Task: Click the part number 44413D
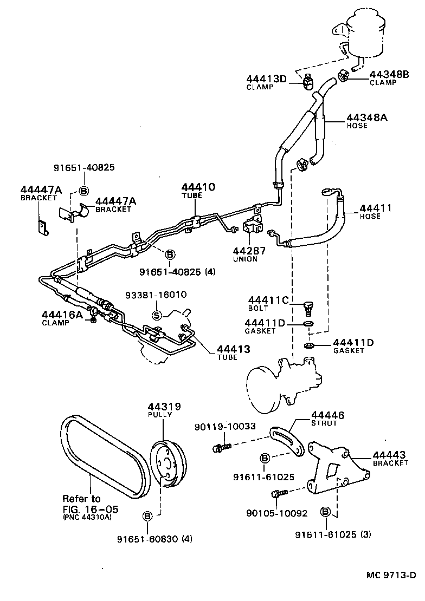click(266, 79)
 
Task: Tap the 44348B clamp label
click(389, 74)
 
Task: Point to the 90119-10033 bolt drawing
click(222, 447)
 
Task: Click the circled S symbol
click(157, 315)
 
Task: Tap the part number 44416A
click(62, 315)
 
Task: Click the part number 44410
click(198, 187)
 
